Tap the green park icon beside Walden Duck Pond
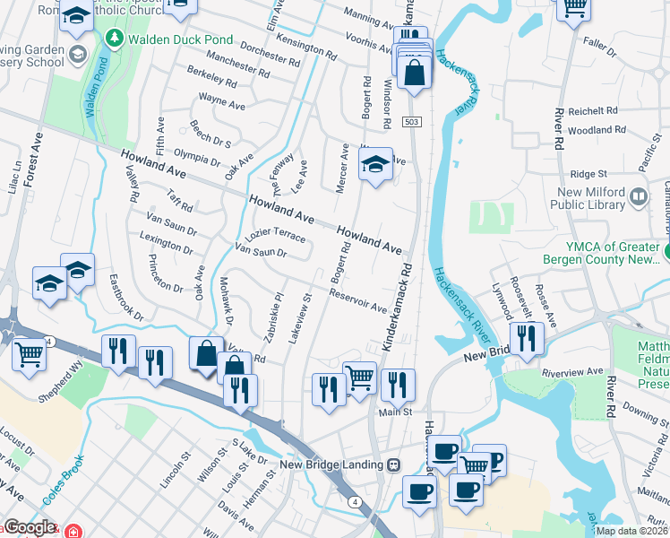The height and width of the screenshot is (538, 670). point(114,39)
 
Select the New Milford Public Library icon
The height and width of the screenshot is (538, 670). point(638,196)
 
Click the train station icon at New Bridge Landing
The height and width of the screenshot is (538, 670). point(392,464)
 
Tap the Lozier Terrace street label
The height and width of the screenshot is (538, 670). point(276,235)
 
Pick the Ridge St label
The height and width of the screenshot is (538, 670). point(588,174)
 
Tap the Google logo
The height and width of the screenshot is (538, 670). point(30,527)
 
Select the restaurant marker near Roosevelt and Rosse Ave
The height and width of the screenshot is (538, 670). point(527,338)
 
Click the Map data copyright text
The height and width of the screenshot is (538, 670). point(631,531)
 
